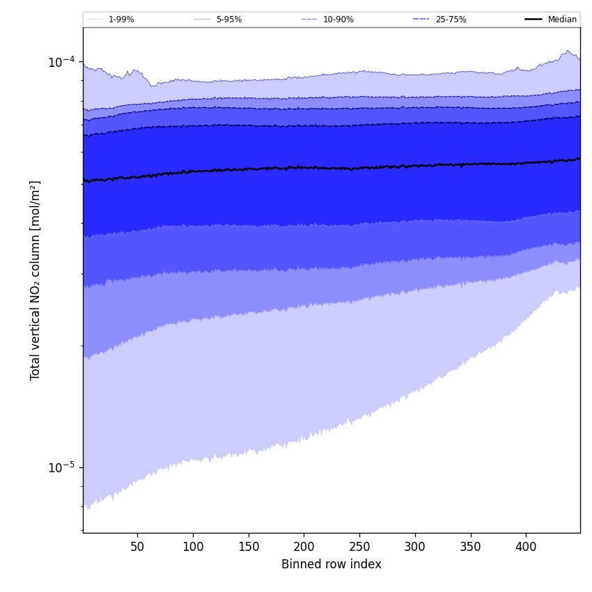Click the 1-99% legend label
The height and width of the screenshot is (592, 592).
pyautogui.click(x=121, y=20)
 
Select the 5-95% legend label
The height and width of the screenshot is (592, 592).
pyautogui.click(x=229, y=20)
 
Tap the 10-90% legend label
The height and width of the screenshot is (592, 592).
pyautogui.click(x=338, y=20)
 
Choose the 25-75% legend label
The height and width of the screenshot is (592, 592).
pyautogui.click(x=451, y=20)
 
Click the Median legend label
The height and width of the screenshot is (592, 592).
pyautogui.click(x=562, y=20)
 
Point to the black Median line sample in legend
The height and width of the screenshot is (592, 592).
pyautogui.click(x=533, y=20)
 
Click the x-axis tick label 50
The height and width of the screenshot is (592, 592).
pyautogui.click(x=137, y=547)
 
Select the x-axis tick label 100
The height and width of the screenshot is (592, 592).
pyautogui.click(x=193, y=547)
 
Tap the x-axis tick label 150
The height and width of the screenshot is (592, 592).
pyautogui.click(x=249, y=547)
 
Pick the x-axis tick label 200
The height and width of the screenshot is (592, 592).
pyautogui.click(x=304, y=547)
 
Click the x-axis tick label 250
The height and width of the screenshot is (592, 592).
pyautogui.click(x=359, y=547)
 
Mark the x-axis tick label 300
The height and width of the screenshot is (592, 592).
pyautogui.click(x=415, y=547)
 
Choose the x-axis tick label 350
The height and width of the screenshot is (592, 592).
pyautogui.click(x=471, y=547)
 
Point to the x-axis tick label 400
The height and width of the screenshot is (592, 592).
pyautogui.click(x=526, y=547)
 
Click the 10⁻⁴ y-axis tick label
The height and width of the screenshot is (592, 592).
pyautogui.click(x=61, y=61)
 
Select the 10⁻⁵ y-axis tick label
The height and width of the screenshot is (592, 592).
pyautogui.click(x=61, y=467)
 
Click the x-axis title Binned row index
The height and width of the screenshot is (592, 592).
pyautogui.click(x=332, y=565)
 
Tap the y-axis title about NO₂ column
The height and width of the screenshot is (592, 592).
pyautogui.click(x=36, y=280)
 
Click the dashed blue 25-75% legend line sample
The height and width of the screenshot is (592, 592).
pyautogui.click(x=421, y=20)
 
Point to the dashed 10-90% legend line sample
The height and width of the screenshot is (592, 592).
pyautogui.click(x=309, y=20)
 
